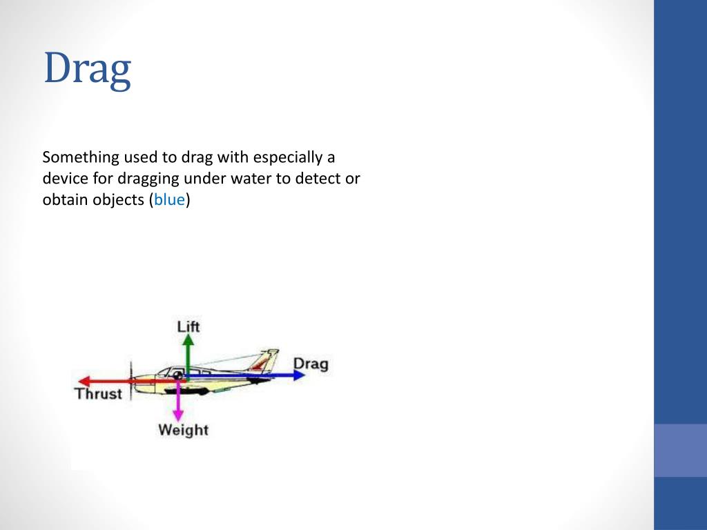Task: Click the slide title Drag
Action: tap(87, 70)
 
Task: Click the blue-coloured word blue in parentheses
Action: tap(169, 201)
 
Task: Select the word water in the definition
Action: tap(255, 179)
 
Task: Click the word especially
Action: tap(282, 157)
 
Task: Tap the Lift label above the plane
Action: tap(188, 326)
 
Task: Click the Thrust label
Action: tap(98, 394)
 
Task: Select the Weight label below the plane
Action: tap(183, 430)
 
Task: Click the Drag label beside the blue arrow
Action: tap(311, 363)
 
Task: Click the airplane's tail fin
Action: tap(267, 360)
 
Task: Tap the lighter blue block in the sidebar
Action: tap(680, 450)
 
